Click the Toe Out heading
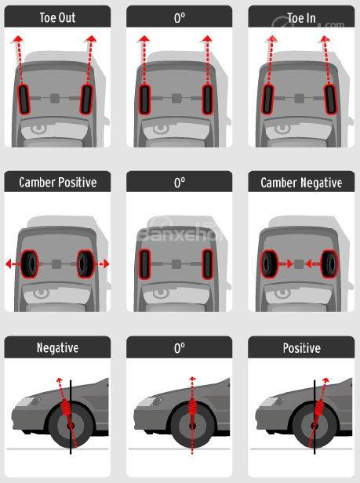click(57, 17)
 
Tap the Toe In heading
click(301, 18)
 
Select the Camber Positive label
click(57, 182)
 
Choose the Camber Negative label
click(301, 183)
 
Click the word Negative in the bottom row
click(57, 348)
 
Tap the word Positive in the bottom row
click(301, 348)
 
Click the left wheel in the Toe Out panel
click(24, 99)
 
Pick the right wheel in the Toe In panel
click(330, 100)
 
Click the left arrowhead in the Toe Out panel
click(18, 39)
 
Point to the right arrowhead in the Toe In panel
click(325, 39)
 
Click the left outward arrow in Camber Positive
click(13, 263)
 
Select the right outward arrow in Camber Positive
click(102, 263)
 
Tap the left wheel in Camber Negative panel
click(269, 263)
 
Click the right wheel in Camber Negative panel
click(329, 263)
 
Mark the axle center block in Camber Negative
click(298, 263)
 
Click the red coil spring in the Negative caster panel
click(65, 409)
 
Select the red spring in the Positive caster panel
click(318, 409)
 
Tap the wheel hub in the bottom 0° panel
click(192, 427)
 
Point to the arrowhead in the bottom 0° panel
click(192, 379)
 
